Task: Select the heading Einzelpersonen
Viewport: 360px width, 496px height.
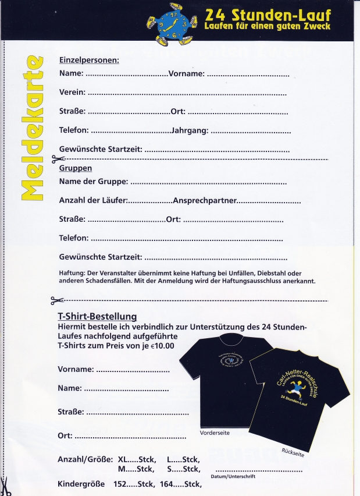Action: (x=89, y=60)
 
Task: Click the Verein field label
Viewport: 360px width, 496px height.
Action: (x=72, y=92)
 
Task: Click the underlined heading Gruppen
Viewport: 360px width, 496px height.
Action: (x=76, y=168)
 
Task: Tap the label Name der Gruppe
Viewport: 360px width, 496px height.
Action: (x=94, y=182)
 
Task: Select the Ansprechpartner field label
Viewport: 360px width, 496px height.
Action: (x=205, y=200)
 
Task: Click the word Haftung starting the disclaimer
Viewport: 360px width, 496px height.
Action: (x=72, y=273)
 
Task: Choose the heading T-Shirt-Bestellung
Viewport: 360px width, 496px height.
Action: (x=97, y=317)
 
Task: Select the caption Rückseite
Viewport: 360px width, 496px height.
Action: (x=293, y=452)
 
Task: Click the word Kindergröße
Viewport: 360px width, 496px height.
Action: (x=81, y=484)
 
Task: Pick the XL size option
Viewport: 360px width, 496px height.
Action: (x=124, y=459)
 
